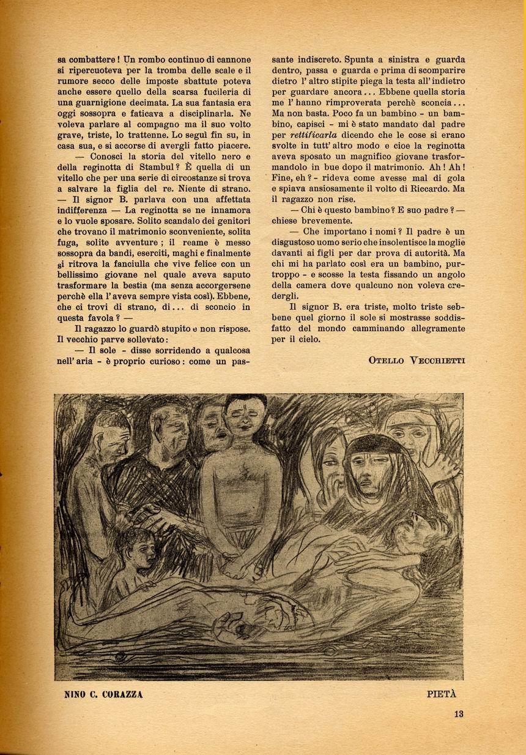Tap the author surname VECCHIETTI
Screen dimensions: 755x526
pyautogui.click(x=435, y=360)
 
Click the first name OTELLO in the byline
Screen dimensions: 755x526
pyautogui.click(x=386, y=360)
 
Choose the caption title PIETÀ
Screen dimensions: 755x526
pyautogui.click(x=442, y=694)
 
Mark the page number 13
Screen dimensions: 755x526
pyautogui.click(x=459, y=713)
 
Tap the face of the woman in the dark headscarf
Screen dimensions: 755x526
pyautogui.click(x=371, y=469)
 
